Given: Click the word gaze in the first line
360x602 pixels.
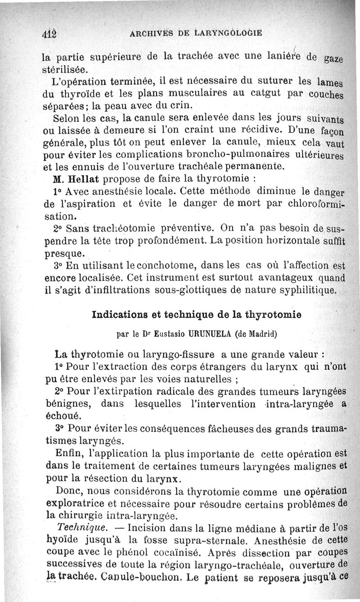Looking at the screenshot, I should pos(333,59).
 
